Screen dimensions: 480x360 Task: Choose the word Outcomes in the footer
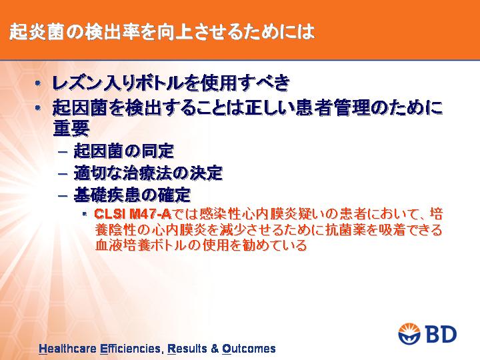pyautogui.click(x=249, y=349)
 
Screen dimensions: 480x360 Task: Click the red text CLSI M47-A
pyautogui.click(x=133, y=214)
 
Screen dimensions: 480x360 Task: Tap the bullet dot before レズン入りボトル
pyautogui.click(x=37, y=83)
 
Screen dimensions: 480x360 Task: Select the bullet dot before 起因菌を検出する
pyautogui.click(x=37, y=108)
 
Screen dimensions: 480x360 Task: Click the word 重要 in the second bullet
pyautogui.click(x=71, y=128)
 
